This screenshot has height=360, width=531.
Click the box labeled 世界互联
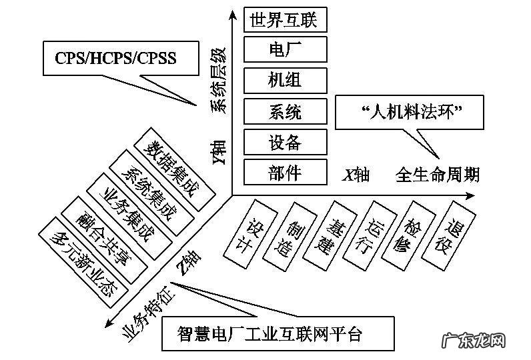pyautogui.click(x=286, y=19)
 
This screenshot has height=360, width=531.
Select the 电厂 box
pyautogui.click(x=286, y=49)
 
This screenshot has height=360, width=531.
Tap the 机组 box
pyautogui.click(x=286, y=80)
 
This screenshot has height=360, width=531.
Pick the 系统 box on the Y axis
pyautogui.click(x=286, y=111)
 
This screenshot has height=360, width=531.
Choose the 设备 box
pyautogui.click(x=286, y=141)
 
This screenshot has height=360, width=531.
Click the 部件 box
pyautogui.click(x=286, y=172)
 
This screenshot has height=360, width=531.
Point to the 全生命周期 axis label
pyautogui.click(x=437, y=175)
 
